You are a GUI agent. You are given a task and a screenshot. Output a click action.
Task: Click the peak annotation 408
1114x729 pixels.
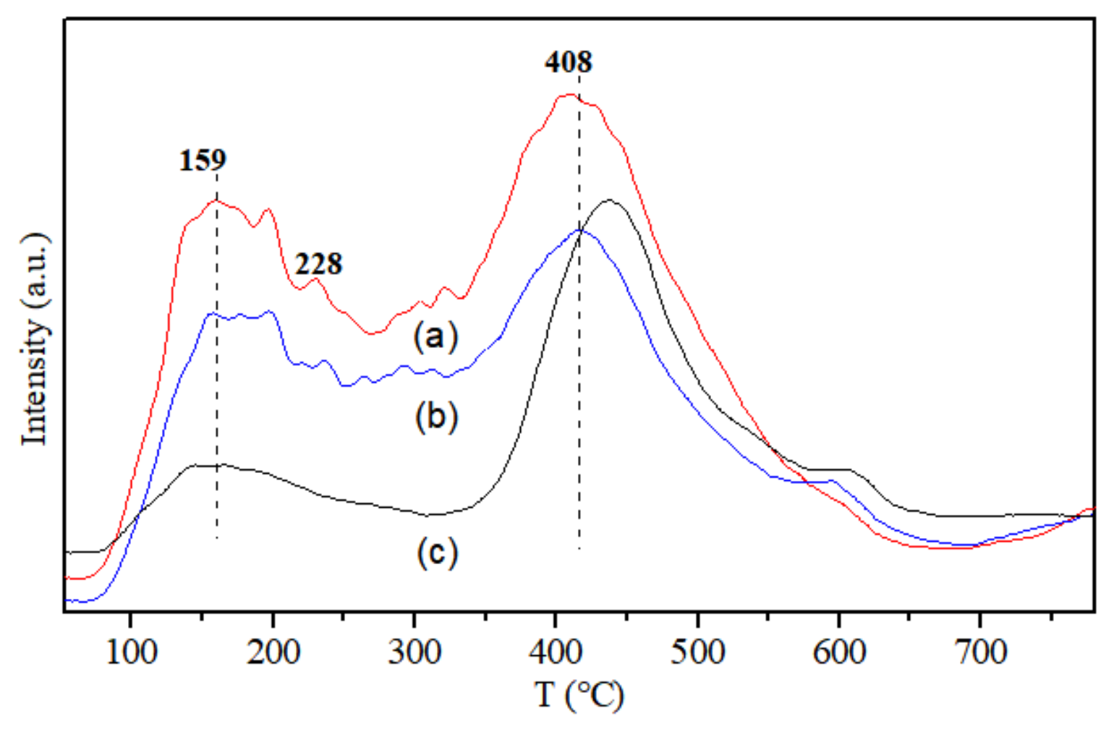click(x=569, y=62)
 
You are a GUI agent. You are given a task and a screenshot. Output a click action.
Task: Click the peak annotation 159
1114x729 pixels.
click(x=203, y=160)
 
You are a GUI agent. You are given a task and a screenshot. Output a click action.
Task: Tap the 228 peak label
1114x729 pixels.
click(x=318, y=264)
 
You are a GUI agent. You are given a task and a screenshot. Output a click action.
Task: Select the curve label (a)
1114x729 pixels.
click(x=436, y=336)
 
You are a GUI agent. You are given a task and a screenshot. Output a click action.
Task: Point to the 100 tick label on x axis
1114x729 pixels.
click(x=131, y=652)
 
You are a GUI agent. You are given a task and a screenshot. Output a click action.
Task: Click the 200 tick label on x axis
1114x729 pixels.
click(x=273, y=652)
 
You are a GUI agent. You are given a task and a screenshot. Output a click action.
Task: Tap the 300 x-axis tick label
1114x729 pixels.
click(x=414, y=652)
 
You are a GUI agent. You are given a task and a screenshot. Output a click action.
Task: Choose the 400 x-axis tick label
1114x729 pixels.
click(x=555, y=652)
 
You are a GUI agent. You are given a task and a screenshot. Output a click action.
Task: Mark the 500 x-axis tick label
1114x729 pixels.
click(x=697, y=652)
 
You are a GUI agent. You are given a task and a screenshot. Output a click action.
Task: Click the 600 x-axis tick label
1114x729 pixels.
click(x=839, y=652)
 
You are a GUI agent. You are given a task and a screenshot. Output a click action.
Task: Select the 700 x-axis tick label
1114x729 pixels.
click(x=980, y=652)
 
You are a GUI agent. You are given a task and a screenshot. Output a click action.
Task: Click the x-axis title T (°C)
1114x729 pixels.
click(x=579, y=695)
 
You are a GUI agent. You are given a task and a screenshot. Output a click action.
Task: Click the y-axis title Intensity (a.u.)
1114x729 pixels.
click(x=35, y=339)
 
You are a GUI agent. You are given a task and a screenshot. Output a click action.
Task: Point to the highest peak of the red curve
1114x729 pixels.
click(x=570, y=94)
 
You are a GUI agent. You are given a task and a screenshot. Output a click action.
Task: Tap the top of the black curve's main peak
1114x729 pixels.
click(x=610, y=200)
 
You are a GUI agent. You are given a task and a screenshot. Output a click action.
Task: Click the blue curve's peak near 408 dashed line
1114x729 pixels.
click(x=580, y=230)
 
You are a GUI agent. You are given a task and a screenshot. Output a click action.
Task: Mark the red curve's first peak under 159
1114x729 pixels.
click(x=216, y=200)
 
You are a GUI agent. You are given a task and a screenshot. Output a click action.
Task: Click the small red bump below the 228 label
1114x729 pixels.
click(x=315, y=279)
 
